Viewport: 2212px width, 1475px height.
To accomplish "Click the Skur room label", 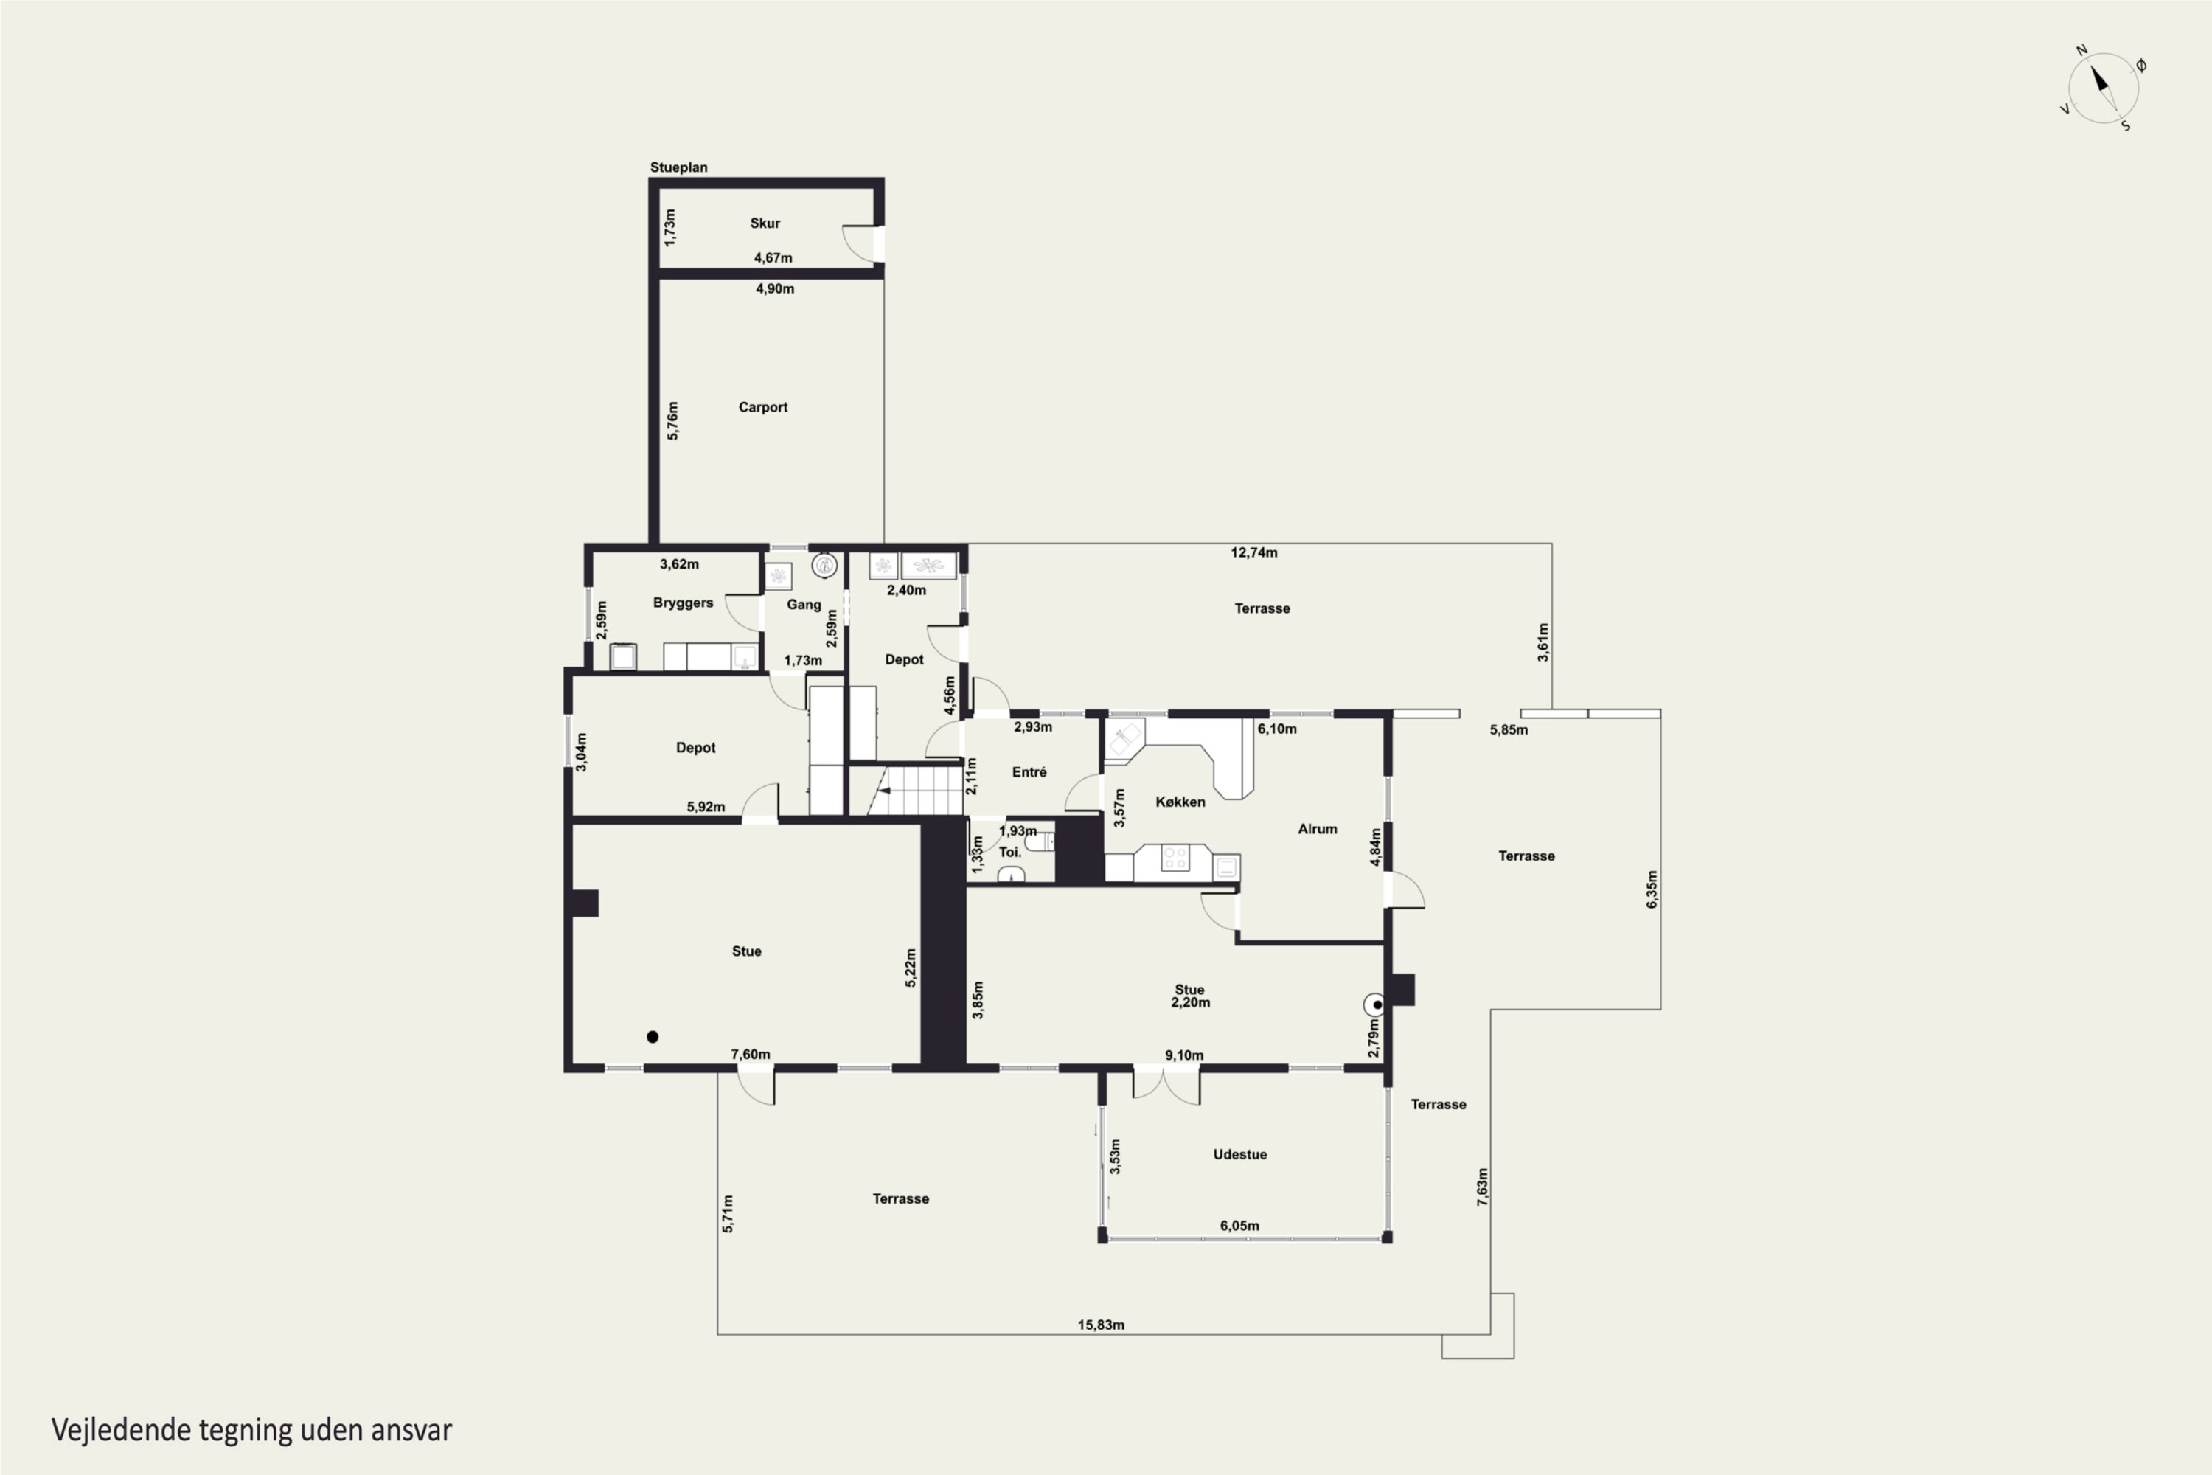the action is pyautogui.click(x=765, y=223).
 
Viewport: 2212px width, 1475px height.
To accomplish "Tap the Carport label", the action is pyautogui.click(x=762, y=407).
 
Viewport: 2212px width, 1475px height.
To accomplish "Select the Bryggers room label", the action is pyautogui.click(x=683, y=603).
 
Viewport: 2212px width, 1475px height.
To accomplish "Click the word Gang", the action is pyautogui.click(x=804, y=605).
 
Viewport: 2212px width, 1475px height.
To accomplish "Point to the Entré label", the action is pyautogui.click(x=1029, y=772).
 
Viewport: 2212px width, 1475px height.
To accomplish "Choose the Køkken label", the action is pyautogui.click(x=1180, y=802).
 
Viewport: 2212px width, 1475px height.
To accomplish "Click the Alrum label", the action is pyautogui.click(x=1318, y=829).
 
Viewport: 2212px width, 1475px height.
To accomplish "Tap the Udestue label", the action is pyautogui.click(x=1239, y=1154).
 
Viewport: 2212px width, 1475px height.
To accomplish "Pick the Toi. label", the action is pyautogui.click(x=1010, y=853).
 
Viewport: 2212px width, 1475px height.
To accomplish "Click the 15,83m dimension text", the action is pyautogui.click(x=1102, y=1325).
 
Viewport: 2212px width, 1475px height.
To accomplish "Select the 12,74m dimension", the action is pyautogui.click(x=1255, y=552).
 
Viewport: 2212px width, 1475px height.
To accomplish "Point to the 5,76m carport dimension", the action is pyautogui.click(x=672, y=420).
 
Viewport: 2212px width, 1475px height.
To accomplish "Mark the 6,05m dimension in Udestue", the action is pyautogui.click(x=1239, y=1226).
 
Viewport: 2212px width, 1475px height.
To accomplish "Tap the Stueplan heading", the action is pyautogui.click(x=679, y=167).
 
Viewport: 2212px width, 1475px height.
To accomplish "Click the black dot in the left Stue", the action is pyautogui.click(x=653, y=1037).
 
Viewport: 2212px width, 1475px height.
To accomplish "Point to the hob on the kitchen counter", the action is pyautogui.click(x=1175, y=858).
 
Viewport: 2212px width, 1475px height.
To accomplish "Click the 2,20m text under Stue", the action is pyautogui.click(x=1191, y=1003).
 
